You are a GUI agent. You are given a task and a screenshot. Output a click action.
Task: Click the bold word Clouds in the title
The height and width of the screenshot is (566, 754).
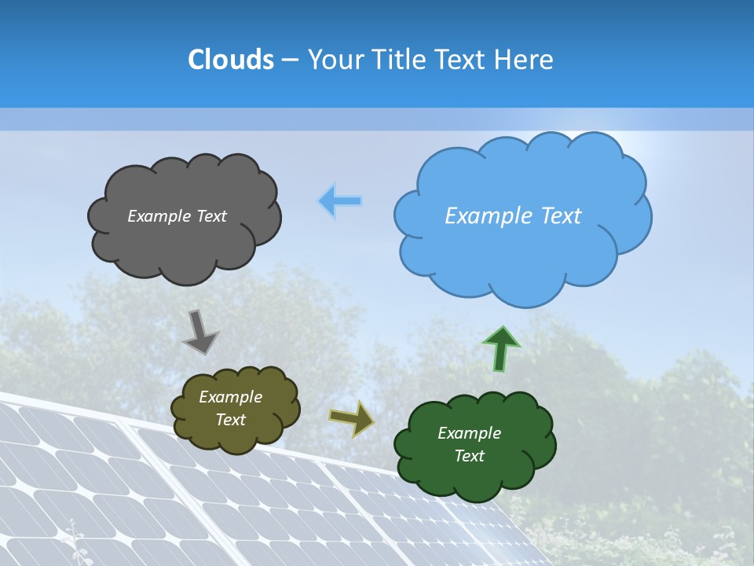pyautogui.click(x=231, y=60)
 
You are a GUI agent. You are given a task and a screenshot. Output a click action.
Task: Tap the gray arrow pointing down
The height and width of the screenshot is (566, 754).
pyautogui.click(x=200, y=332)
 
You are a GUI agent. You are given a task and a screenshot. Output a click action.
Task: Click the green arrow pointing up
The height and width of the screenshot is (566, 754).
pyautogui.click(x=500, y=349)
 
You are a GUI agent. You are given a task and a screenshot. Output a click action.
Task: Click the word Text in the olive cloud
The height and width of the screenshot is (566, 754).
pyautogui.click(x=231, y=420)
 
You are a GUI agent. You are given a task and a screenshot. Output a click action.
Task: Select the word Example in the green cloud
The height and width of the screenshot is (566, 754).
pyautogui.click(x=469, y=433)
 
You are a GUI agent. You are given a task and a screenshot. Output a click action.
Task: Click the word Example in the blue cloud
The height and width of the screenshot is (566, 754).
pyautogui.click(x=485, y=216)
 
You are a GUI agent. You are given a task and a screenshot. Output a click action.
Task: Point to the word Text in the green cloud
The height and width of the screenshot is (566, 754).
pyautogui.click(x=469, y=456)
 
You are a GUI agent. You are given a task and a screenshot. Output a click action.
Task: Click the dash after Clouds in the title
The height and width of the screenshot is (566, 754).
pyautogui.click(x=290, y=61)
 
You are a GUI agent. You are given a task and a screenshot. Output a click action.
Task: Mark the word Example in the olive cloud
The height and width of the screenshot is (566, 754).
pyautogui.click(x=231, y=397)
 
